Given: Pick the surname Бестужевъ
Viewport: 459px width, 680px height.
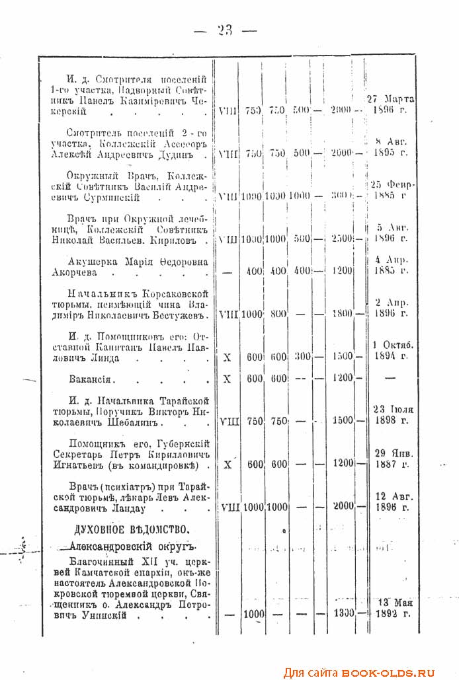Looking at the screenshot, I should pyautogui.click(x=181, y=315).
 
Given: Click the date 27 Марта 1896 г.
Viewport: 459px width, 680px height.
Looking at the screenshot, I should pyautogui.click(x=389, y=104).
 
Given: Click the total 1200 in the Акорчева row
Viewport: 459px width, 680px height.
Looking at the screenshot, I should pyautogui.click(x=343, y=271).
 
